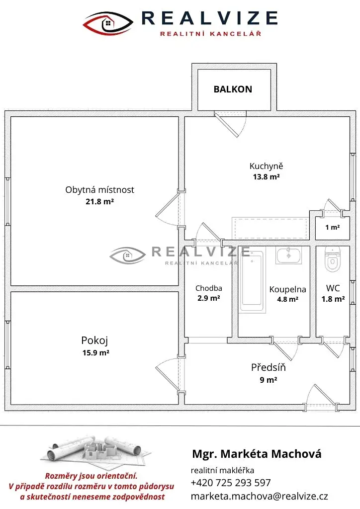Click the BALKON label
pyautogui.click(x=233, y=89)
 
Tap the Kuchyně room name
pyautogui.click(x=266, y=166)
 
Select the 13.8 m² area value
pyautogui.click(x=266, y=177)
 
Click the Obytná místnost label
pyautogui.click(x=99, y=190)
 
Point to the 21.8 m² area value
pyautogui.click(x=99, y=202)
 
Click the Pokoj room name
pyautogui.click(x=94, y=340)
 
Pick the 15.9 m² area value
pyautogui.click(x=96, y=352)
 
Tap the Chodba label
pyautogui.click(x=209, y=288)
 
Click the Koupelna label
pyautogui.click(x=287, y=290)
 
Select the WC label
pyautogui.click(x=333, y=288)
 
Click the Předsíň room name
pyautogui.click(x=269, y=367)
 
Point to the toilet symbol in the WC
pyautogui.click(x=333, y=259)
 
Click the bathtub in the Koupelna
pyautogui.click(x=252, y=280)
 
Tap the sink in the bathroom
pyautogui.click(x=288, y=255)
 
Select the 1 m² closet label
pyautogui.click(x=333, y=228)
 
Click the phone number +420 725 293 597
pyautogui.click(x=231, y=483)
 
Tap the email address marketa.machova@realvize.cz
pyautogui.click(x=260, y=497)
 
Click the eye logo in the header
pyautogui.click(x=108, y=23)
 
